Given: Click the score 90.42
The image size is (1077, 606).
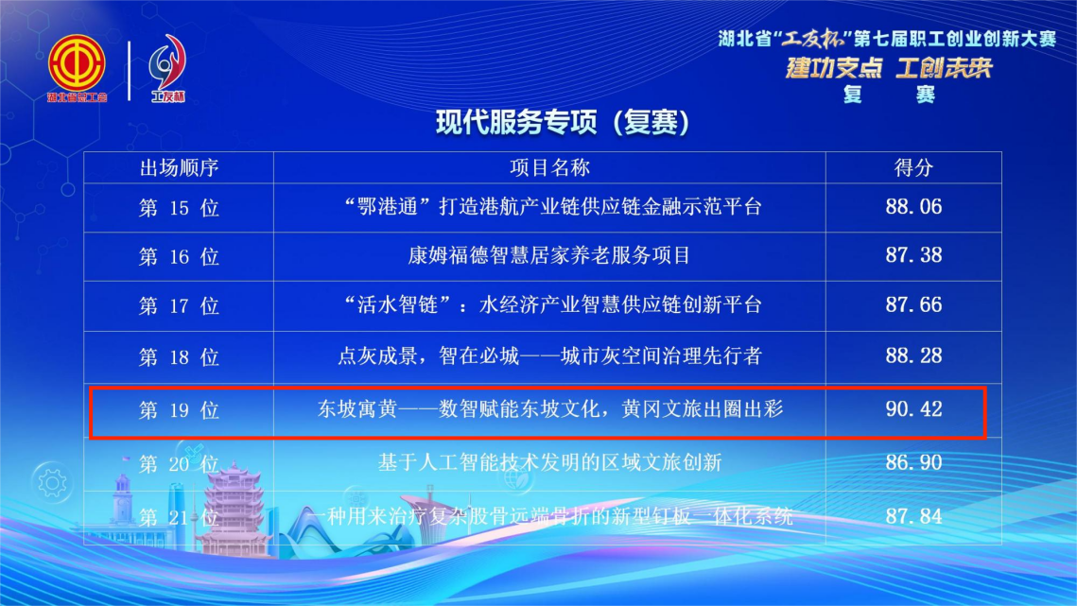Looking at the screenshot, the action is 913,409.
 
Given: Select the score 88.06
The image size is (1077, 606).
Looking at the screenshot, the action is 913,207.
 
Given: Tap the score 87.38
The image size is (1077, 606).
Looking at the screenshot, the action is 913,255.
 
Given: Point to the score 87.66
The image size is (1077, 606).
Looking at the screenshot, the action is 913,305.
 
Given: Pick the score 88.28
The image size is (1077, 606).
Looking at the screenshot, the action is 913,355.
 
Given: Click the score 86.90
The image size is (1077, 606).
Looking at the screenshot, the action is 913,462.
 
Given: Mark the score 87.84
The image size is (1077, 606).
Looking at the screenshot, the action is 913,517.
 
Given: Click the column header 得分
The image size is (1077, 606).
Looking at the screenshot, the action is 913,167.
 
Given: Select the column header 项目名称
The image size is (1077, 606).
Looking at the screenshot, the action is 549,167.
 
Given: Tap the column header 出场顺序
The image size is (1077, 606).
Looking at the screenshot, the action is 179,167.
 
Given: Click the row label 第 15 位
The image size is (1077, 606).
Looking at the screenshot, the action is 179,207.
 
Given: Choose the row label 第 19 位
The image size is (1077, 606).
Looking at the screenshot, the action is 179,410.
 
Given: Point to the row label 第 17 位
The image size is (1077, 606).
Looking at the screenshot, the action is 179,305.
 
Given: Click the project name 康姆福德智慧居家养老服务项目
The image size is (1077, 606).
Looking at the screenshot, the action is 548,255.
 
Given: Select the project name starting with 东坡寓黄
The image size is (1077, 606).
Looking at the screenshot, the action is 550,409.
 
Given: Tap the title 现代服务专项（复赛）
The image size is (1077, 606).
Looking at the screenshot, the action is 563,123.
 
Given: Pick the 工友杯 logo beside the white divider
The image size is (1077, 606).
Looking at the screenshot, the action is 167,68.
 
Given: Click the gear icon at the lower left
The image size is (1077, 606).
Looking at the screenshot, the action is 52,484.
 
